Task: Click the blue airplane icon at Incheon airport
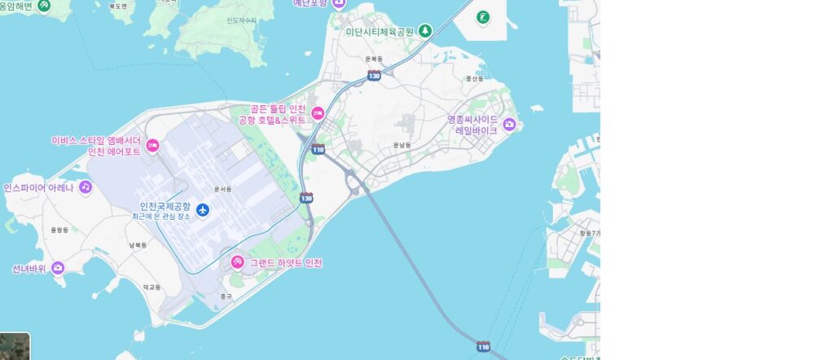203,210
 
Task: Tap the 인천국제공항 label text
165,206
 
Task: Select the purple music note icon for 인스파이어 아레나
85,187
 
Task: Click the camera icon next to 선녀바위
58,267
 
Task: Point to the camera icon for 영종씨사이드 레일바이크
510,124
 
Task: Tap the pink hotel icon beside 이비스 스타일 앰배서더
152,146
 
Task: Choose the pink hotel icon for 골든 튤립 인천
318,114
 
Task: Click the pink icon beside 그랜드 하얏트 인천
237,262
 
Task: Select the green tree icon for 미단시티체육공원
424,31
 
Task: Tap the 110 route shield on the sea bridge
484,347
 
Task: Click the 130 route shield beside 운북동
374,75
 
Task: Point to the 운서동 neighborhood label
222,189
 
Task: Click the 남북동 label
137,244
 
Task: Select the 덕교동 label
151,287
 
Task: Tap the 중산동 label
473,79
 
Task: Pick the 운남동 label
402,145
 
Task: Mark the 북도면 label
119,7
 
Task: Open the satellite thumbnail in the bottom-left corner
15,346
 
